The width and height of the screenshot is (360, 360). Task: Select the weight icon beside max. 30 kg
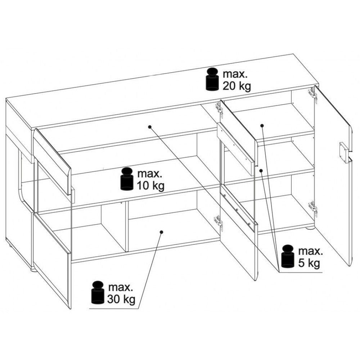[98, 292]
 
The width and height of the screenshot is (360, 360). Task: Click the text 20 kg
[237, 86]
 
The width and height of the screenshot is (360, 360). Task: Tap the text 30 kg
[121, 300]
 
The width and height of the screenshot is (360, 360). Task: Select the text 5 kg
[309, 264]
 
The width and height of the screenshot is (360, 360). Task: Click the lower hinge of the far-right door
[313, 208]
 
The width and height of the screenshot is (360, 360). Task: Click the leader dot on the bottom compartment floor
[161, 232]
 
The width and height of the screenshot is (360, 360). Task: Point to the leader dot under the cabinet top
[149, 126]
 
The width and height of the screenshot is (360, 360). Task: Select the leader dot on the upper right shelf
[262, 125]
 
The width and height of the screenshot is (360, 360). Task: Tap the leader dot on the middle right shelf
[261, 170]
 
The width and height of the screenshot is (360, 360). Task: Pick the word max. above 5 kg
[311, 252]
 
